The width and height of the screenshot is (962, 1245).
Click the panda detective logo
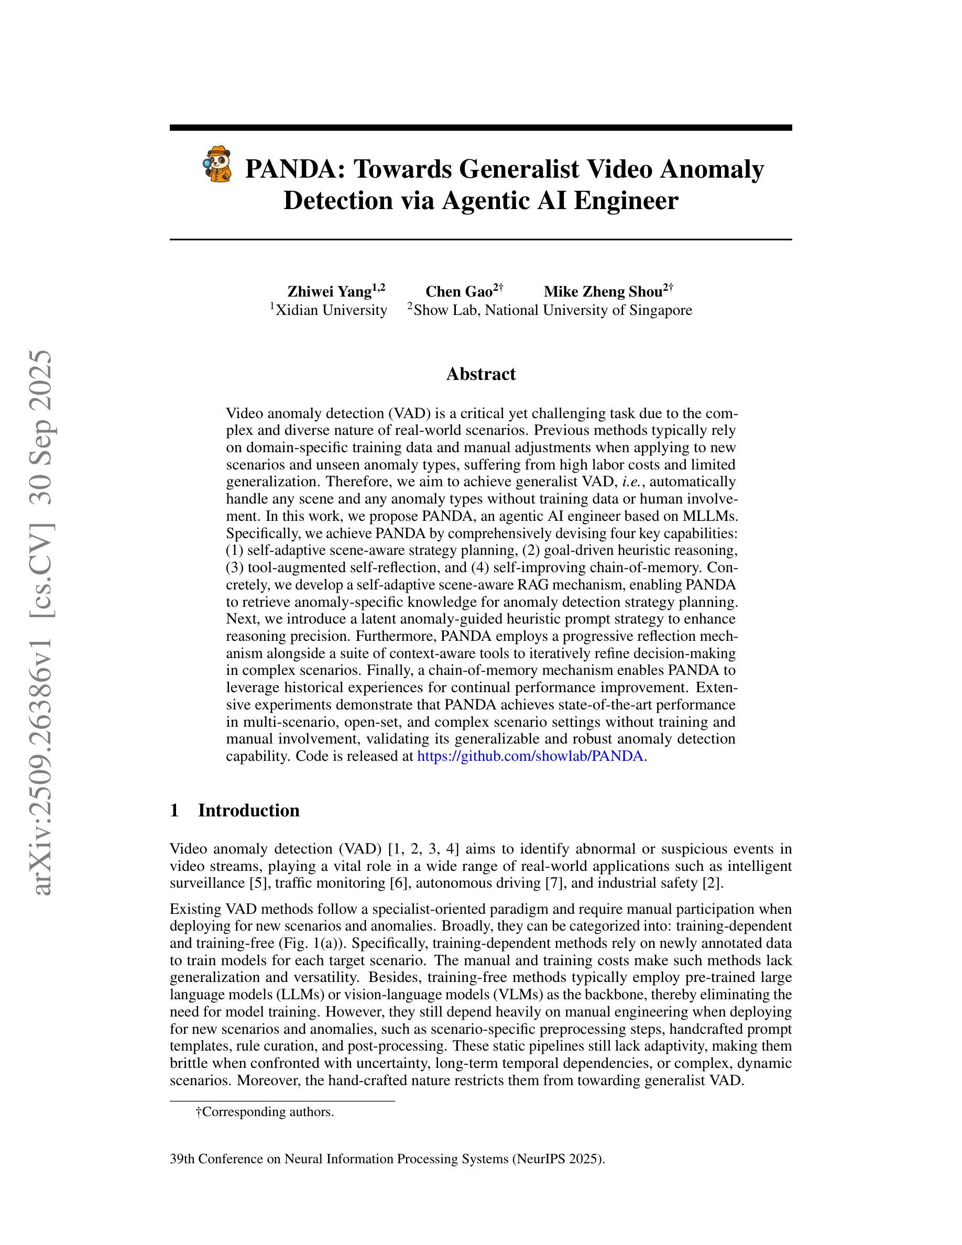217,165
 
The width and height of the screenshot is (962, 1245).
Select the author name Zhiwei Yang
330,292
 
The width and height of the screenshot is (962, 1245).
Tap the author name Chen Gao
459,292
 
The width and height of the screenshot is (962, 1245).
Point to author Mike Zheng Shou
603,292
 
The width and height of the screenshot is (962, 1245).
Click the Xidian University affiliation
331,310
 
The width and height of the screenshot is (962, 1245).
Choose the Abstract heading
480,374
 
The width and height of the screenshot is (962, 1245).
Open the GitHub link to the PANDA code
530,756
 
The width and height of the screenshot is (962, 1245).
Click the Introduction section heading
248,810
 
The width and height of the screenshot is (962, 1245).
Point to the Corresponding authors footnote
265,1111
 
